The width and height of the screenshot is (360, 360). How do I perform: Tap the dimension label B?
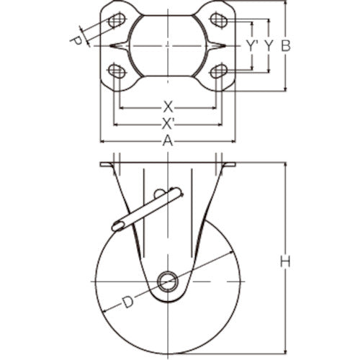tap(285, 45)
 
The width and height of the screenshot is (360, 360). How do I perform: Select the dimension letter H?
tap(285, 263)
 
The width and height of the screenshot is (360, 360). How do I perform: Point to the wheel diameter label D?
tap(127, 302)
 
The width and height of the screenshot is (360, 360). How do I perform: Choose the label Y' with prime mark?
tap(251, 45)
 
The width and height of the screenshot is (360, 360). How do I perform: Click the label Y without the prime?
tap(268, 45)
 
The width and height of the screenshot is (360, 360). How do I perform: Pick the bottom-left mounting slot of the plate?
tap(114, 71)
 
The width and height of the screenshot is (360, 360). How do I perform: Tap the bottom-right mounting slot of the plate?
tap(220, 71)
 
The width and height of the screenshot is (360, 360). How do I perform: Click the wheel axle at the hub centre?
tap(168, 281)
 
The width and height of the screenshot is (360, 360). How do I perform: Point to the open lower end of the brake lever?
tap(117, 225)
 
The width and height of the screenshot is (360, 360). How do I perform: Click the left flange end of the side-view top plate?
tap(104, 167)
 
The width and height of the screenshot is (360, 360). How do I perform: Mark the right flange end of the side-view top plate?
tap(231, 167)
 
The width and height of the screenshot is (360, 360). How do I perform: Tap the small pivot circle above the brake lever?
tap(158, 193)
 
